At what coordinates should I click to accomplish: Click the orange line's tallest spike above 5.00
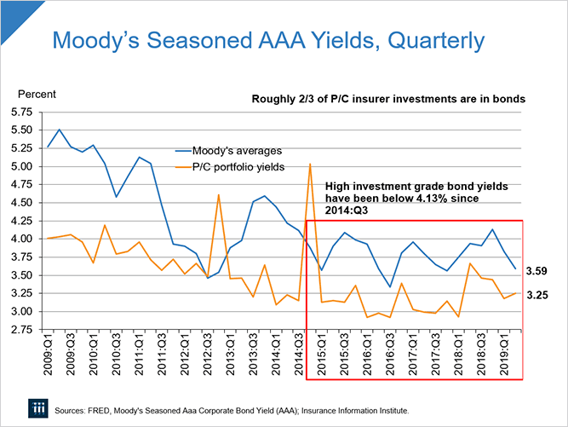310,164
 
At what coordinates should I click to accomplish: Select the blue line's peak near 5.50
59,130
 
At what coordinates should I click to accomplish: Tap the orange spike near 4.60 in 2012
219,195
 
